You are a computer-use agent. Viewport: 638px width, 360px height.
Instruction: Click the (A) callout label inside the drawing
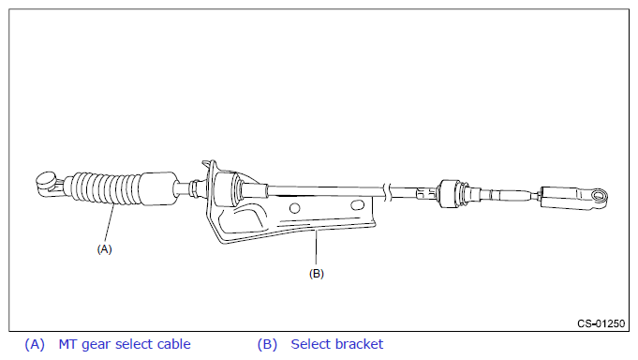coord(104,248)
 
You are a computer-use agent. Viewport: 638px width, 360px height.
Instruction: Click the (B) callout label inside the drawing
coord(316,273)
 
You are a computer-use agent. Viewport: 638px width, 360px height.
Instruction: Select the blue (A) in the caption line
coord(35,344)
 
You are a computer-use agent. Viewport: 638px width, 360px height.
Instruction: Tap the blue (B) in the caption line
coord(267,344)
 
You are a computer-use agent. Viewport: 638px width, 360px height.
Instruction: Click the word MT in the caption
coord(67,344)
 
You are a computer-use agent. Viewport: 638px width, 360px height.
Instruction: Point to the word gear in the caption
coord(96,345)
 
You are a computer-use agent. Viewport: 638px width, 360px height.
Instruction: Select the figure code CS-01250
coord(601,323)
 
